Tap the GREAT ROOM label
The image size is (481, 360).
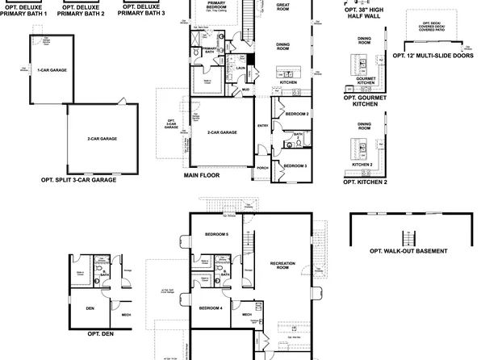282,6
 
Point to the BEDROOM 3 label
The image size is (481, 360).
295,165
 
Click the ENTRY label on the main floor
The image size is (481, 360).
263,126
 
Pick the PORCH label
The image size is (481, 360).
262,168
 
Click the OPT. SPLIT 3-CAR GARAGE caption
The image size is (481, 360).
78,180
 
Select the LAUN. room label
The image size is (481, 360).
240,69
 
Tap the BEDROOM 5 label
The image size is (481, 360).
216,234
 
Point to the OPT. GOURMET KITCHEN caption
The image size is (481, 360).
365,100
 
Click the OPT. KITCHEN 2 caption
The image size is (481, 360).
365,182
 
